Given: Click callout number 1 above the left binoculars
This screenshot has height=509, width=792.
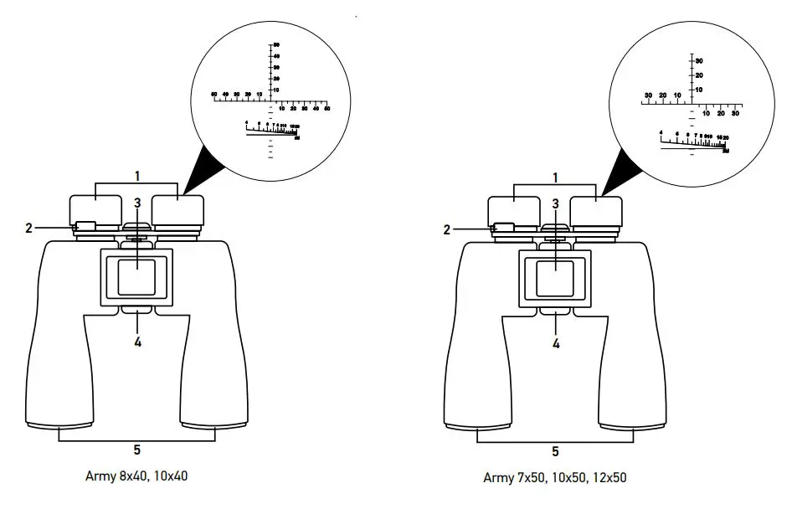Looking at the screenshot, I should [137, 177].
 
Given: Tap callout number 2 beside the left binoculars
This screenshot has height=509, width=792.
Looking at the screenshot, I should [28, 228].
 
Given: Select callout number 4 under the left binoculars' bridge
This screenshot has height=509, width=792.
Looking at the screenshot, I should [137, 342].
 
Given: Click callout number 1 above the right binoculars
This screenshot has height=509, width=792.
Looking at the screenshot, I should [555, 177].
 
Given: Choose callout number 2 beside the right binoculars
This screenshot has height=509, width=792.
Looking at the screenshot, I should [446, 229].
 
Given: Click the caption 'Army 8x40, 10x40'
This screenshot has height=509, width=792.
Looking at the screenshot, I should [137, 476].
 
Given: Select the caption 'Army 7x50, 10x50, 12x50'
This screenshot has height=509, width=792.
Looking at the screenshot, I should [555, 477].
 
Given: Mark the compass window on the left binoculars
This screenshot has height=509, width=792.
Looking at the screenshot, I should [136, 277].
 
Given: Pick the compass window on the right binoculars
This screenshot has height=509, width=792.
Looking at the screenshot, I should [554, 277].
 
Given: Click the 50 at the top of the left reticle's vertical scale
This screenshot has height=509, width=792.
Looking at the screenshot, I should [275, 44].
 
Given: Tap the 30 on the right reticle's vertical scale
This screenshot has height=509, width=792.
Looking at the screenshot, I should [698, 61].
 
